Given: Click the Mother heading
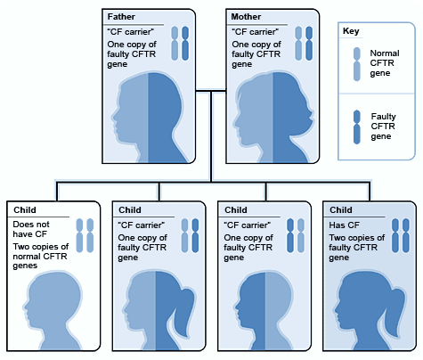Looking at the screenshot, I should [245, 16].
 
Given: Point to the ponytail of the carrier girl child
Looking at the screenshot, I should [189, 303].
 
